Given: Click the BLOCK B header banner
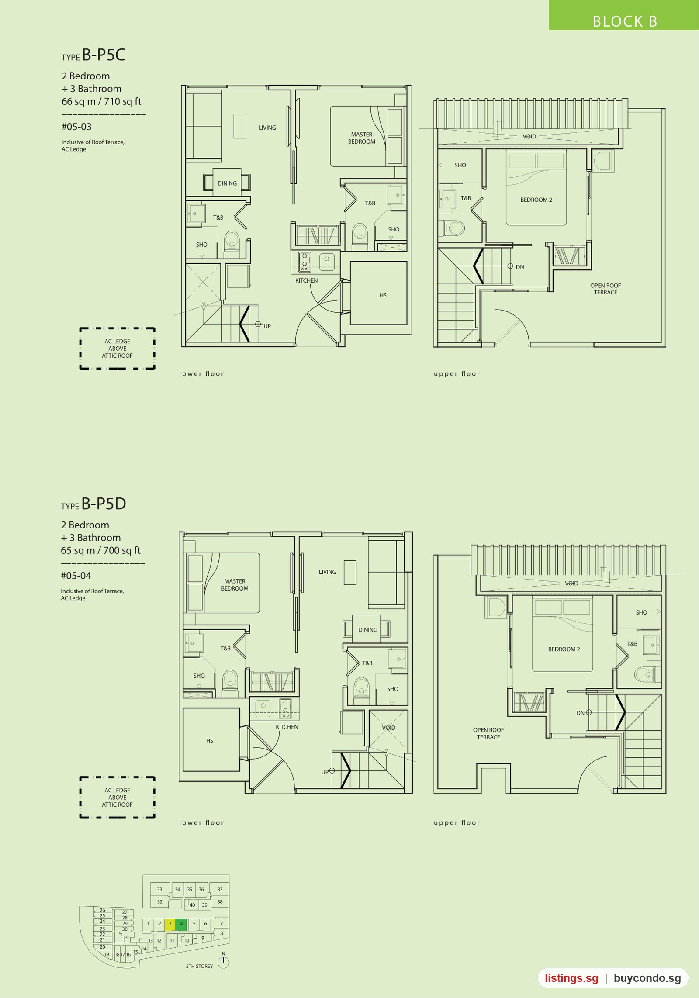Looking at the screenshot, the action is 624,15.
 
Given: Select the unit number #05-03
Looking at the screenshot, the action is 76,127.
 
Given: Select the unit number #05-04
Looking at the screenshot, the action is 76,576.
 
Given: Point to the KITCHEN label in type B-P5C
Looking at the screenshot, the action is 306,280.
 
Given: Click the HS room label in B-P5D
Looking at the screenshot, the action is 210,741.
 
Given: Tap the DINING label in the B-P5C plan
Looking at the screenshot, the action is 227,183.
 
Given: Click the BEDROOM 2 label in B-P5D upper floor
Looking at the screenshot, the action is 564,649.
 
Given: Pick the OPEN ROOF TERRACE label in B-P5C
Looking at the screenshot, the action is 606,289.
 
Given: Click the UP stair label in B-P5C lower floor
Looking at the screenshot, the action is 267,326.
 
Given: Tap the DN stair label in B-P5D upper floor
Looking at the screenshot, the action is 580,713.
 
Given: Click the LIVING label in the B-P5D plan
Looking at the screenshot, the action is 327,572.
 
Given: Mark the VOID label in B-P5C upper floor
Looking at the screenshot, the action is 529,136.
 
